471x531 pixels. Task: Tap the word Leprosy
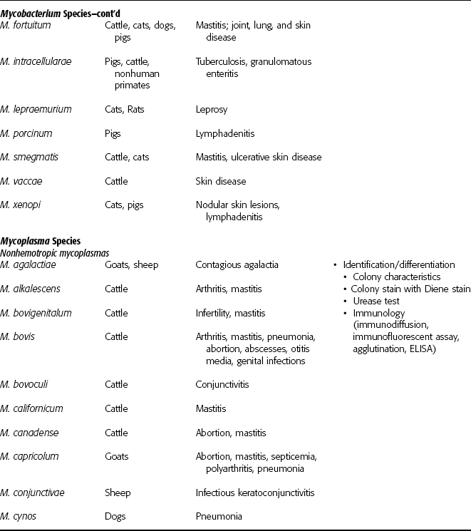coord(212,109)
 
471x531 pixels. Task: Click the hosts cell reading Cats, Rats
coord(125,109)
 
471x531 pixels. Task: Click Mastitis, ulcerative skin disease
coord(259,157)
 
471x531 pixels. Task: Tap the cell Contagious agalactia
coord(237,265)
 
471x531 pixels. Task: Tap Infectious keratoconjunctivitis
coord(254,493)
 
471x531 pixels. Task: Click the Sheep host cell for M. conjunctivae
coord(118,493)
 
